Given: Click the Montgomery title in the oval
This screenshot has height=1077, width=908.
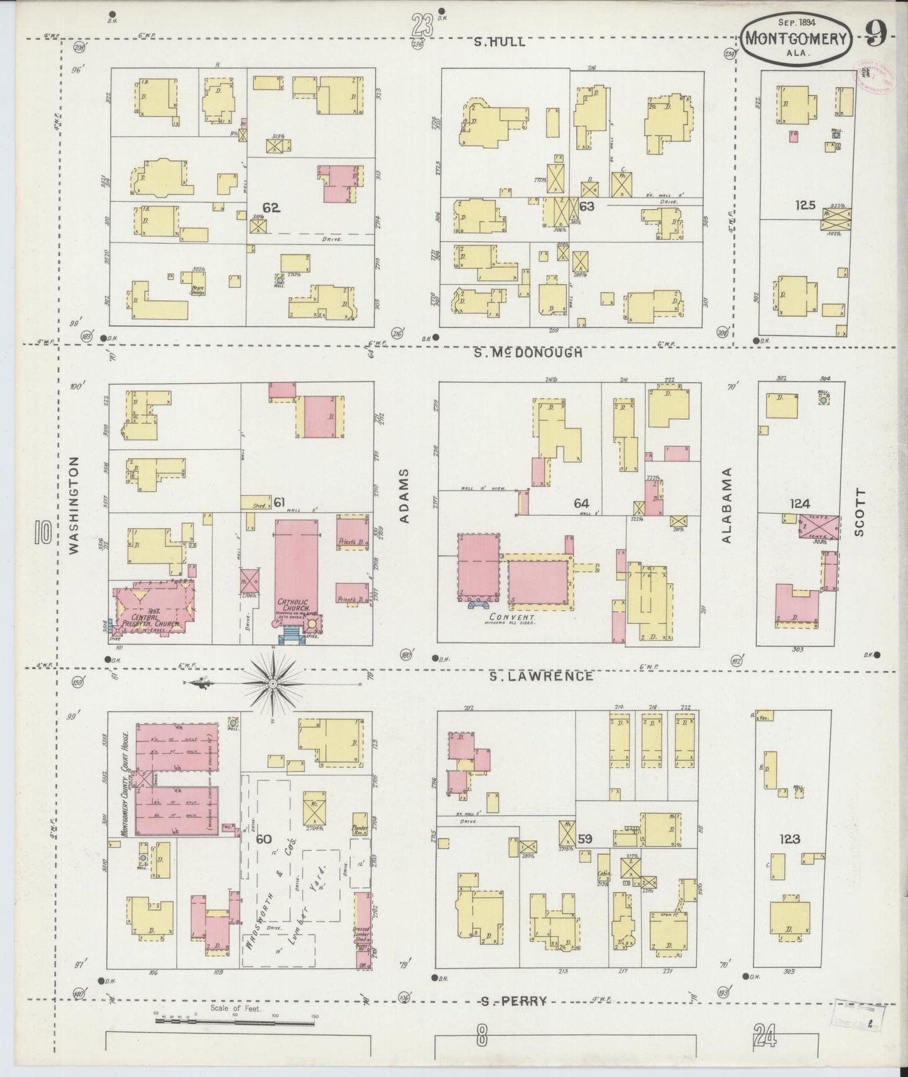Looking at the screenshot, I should point(796,38).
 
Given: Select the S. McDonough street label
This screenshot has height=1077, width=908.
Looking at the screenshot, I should point(528,353).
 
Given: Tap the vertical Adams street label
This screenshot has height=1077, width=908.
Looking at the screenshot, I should point(404,496).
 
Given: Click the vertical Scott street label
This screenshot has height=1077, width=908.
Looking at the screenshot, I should point(859,512).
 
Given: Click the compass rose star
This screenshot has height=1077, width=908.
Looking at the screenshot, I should point(273,682).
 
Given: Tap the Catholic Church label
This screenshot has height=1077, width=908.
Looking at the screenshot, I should point(295,606).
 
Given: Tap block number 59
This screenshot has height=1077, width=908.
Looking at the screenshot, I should point(586,838).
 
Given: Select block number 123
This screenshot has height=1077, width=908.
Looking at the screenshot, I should point(789,839).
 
